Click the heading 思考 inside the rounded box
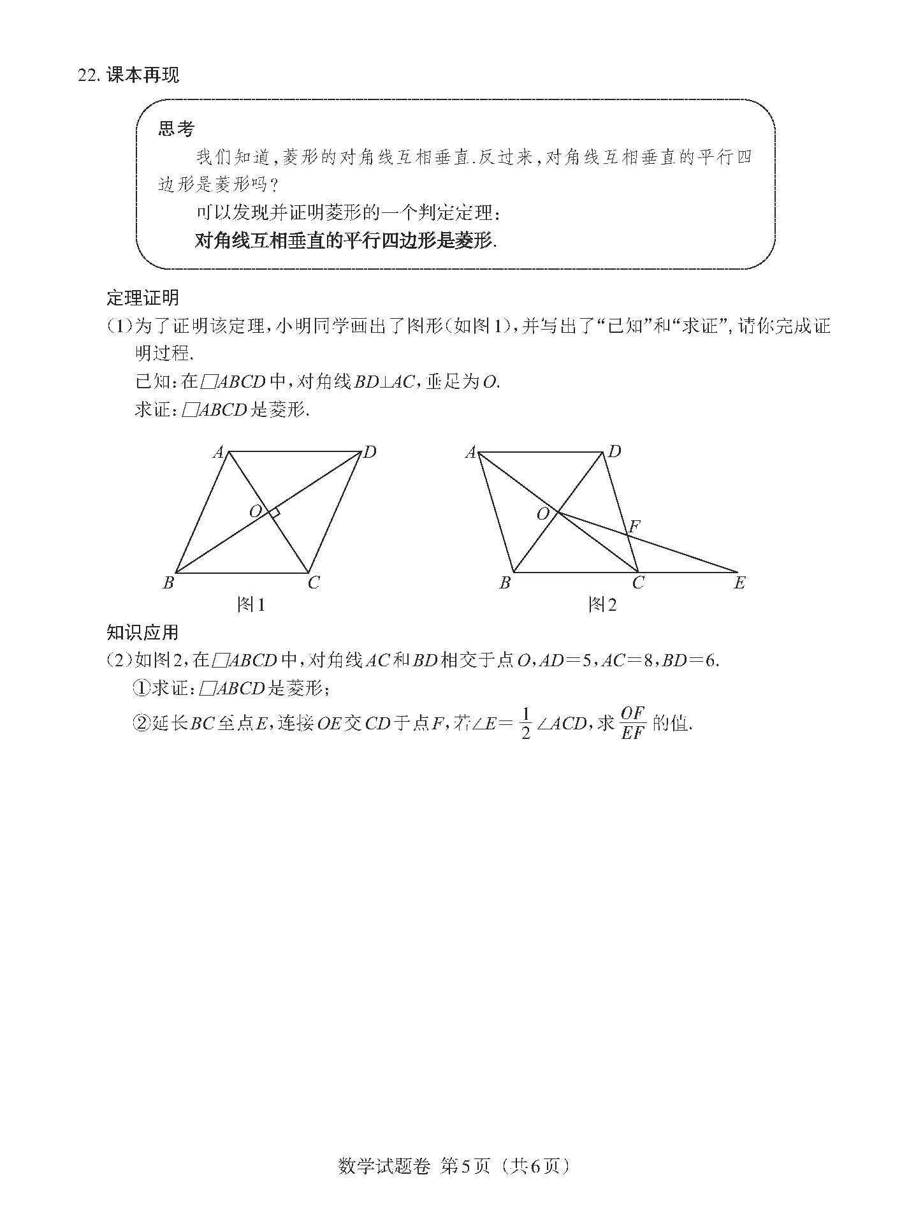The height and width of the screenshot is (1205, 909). [x=177, y=129]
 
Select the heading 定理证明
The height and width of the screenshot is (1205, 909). [x=143, y=298]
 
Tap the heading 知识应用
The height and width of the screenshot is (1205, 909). [x=142, y=632]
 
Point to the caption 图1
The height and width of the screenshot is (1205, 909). [x=251, y=604]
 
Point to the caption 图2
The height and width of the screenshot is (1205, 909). [x=602, y=604]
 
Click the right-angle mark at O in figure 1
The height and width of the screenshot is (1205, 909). [x=275, y=513]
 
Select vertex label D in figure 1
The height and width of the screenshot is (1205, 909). [x=370, y=453]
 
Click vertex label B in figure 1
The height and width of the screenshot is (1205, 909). [x=168, y=583]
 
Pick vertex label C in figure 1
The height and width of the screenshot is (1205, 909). [x=314, y=583]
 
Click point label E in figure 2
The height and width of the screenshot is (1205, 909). [x=739, y=583]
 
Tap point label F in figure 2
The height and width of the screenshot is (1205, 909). [x=634, y=527]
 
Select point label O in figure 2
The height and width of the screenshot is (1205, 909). [x=543, y=514]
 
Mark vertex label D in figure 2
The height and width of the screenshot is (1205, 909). [x=614, y=452]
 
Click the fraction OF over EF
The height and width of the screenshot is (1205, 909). [x=632, y=724]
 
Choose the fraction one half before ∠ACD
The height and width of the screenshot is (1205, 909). [x=526, y=724]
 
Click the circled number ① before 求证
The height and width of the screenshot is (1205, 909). [x=140, y=689]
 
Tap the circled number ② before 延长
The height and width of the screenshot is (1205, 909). [x=140, y=724]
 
